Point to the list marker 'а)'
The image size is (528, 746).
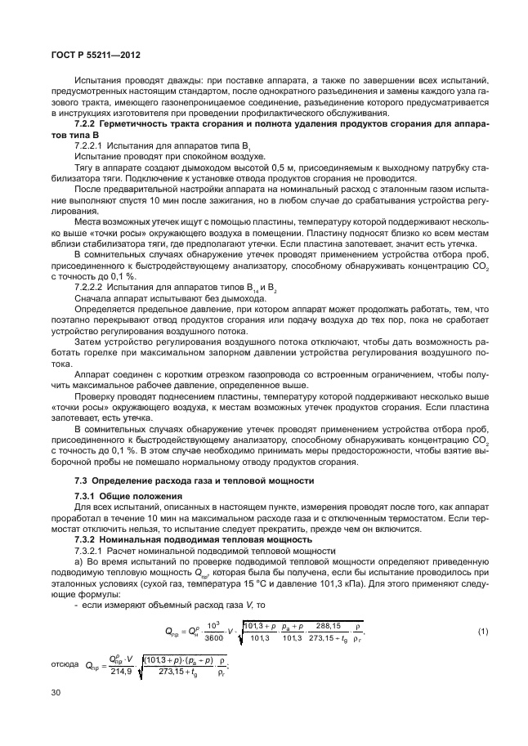pyautogui.click(x=78, y=563)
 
